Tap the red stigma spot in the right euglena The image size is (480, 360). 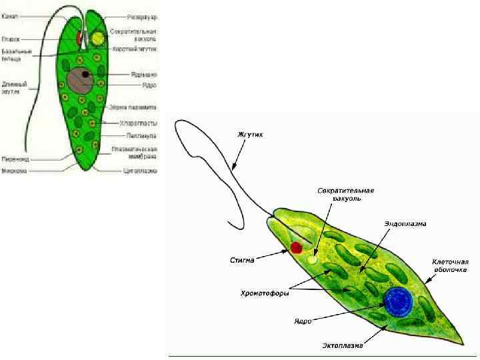(296, 248)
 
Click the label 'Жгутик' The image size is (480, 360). (251, 135)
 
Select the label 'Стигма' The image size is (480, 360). (243, 260)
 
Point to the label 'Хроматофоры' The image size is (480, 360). (263, 293)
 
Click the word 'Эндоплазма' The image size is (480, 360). (405, 223)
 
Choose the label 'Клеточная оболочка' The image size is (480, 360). (450, 266)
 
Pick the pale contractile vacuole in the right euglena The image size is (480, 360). (313, 259)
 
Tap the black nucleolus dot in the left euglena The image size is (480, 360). (86, 73)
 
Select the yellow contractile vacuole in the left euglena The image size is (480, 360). (98, 38)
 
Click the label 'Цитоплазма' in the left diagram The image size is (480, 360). (139, 170)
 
